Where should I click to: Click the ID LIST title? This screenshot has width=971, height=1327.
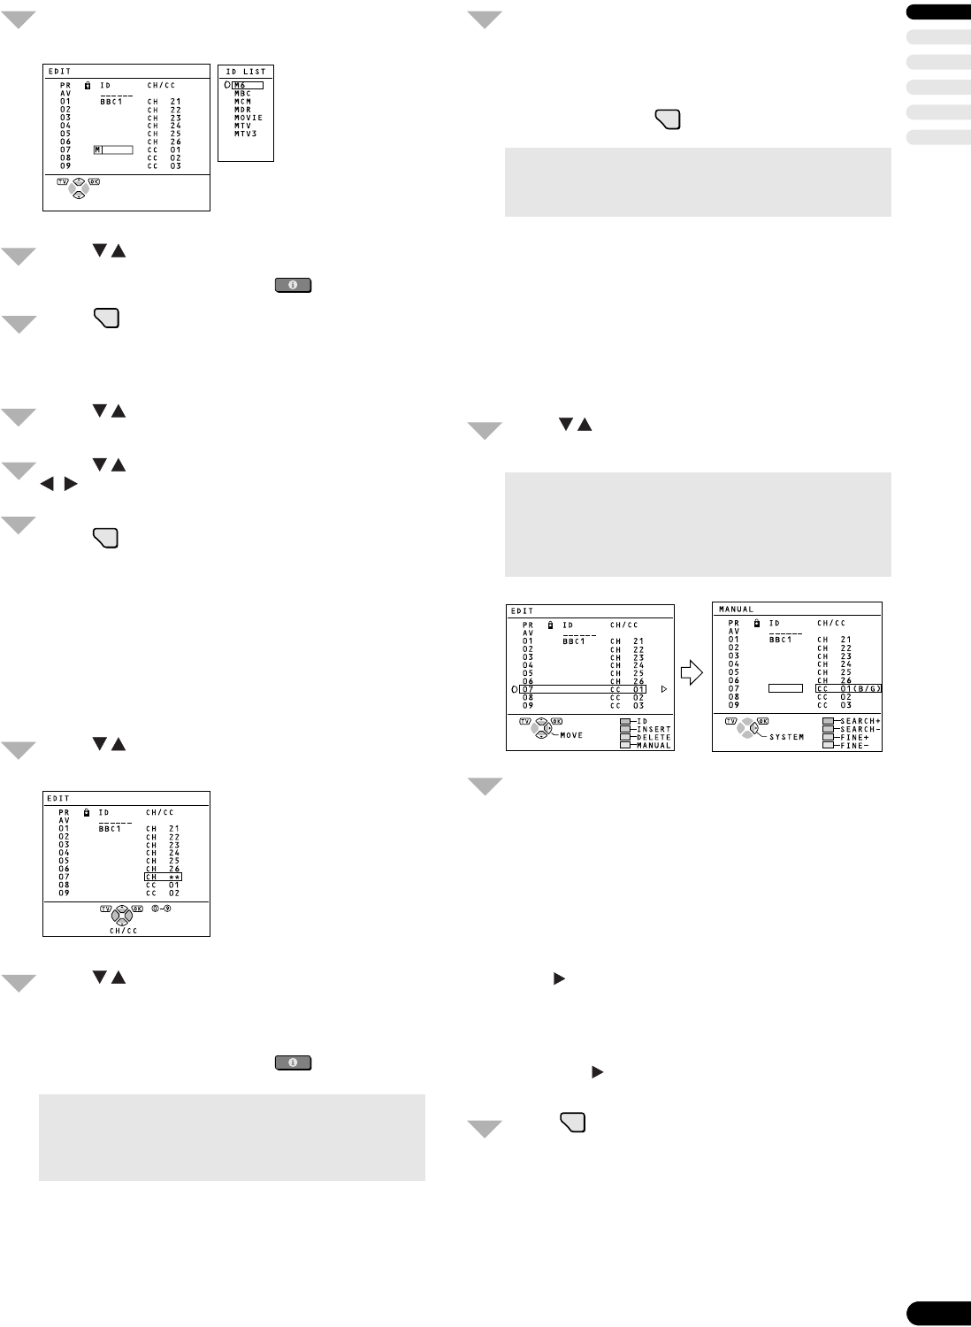click(246, 72)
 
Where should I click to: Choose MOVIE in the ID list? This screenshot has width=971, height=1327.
click(248, 118)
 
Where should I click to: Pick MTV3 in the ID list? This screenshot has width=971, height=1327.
click(246, 134)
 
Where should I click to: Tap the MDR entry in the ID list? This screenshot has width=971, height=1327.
click(242, 110)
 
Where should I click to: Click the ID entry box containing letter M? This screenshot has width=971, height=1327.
click(113, 150)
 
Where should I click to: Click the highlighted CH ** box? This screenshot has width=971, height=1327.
click(163, 877)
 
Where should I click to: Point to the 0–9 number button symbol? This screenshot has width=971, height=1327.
click(160, 909)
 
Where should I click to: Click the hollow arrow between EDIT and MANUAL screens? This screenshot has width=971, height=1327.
click(694, 673)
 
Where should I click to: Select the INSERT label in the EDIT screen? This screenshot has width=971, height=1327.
click(654, 730)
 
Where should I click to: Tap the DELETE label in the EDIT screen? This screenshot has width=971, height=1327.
click(654, 738)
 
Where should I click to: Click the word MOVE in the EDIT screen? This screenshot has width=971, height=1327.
click(571, 735)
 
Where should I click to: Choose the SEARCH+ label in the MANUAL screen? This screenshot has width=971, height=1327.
click(860, 721)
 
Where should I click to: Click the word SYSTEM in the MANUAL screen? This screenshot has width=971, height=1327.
click(786, 737)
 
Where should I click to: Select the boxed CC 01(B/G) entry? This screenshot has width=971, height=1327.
click(849, 688)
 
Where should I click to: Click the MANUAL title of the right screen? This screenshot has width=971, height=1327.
click(736, 610)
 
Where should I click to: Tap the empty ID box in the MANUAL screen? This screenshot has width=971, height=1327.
click(785, 688)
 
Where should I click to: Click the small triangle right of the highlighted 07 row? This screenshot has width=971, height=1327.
click(663, 689)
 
